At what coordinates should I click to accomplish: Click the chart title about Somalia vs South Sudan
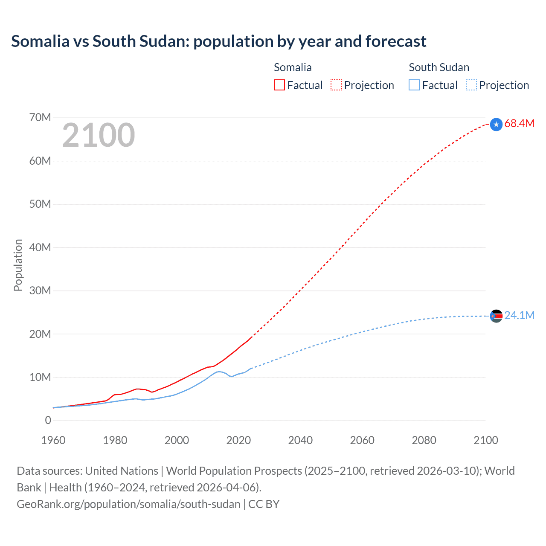pyautogui.click(x=218, y=41)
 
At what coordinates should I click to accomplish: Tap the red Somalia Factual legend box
pyautogui.click(x=279, y=85)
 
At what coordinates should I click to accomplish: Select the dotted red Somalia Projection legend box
pyautogui.click(x=336, y=85)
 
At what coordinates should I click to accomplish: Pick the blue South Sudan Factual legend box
pyautogui.click(x=414, y=85)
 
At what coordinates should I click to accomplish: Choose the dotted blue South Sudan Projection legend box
pyautogui.click(x=471, y=85)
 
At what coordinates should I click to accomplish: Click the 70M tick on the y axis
pyautogui.click(x=40, y=117)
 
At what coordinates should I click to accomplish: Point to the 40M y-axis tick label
pyautogui.click(x=40, y=247)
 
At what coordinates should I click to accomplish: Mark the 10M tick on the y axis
pyautogui.click(x=40, y=377)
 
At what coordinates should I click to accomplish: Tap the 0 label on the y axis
pyautogui.click(x=48, y=420)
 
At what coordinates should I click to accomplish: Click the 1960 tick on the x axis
pyautogui.click(x=53, y=440)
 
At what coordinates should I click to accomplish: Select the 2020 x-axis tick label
pyautogui.click(x=238, y=440)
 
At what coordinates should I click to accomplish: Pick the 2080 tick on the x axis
pyautogui.click(x=424, y=440)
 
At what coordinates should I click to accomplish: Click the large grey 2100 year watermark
pyautogui.click(x=99, y=135)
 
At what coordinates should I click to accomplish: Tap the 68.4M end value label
pyautogui.click(x=519, y=124)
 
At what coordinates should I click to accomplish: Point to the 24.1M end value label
pyautogui.click(x=519, y=315)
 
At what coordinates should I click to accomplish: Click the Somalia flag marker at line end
pyautogui.click(x=496, y=125)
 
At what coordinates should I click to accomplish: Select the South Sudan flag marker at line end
pyautogui.click(x=496, y=316)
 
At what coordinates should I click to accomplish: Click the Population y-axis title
pyautogui.click(x=18, y=265)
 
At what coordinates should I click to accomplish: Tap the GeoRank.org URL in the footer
pyautogui.click(x=128, y=504)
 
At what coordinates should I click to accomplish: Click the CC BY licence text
pyautogui.click(x=264, y=504)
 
